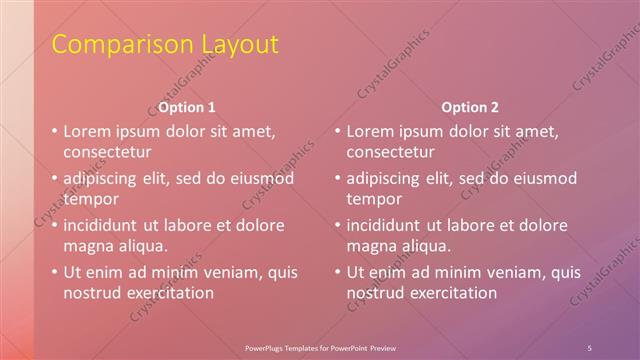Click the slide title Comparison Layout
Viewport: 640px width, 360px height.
pos(165,45)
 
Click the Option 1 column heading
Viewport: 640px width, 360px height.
pos(186,107)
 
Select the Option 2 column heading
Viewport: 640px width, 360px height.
pos(470,107)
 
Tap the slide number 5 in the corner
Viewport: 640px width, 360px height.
pos(590,347)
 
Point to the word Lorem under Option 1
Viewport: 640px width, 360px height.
pos(88,131)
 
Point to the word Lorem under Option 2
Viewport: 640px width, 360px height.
pos(371,131)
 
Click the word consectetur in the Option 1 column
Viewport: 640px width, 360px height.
pos(108,153)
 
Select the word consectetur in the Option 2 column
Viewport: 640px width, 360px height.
pos(391,153)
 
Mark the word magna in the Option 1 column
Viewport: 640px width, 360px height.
pos(87,246)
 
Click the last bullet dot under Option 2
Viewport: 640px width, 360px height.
pos(337,271)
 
